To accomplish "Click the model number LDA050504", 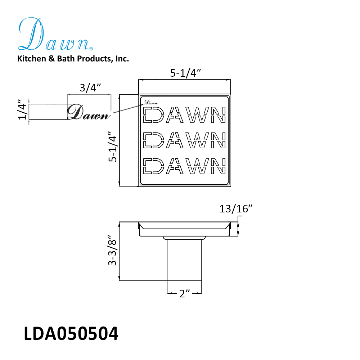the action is click(x=71, y=333).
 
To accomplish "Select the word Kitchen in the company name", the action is click(x=32, y=59).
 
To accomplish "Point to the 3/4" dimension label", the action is click(x=90, y=87).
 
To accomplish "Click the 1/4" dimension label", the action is click(x=22, y=109).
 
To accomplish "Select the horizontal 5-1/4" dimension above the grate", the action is click(x=185, y=73).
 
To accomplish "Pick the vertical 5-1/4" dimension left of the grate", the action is click(x=112, y=147).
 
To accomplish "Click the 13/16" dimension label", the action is click(x=236, y=209).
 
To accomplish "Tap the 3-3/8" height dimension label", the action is click(x=112, y=250).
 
